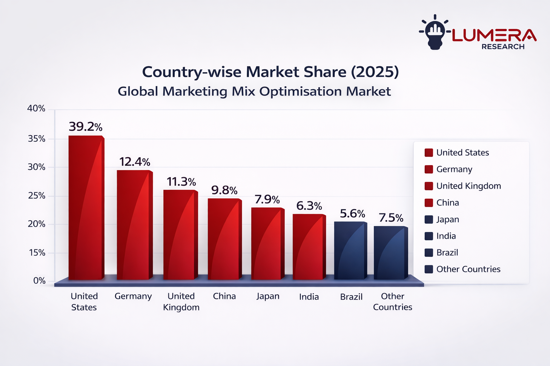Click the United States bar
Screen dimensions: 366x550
(x=85, y=207)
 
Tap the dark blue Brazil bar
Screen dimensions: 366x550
(x=349, y=250)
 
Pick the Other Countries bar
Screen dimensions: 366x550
(x=390, y=252)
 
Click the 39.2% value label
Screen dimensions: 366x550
(x=86, y=127)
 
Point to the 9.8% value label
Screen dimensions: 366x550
(x=224, y=190)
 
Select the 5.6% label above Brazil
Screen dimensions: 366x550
(x=352, y=214)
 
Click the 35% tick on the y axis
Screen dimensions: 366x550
(x=37, y=139)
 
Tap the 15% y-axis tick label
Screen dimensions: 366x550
(x=37, y=253)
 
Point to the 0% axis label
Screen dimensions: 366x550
(x=39, y=281)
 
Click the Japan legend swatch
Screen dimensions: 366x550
(x=429, y=219)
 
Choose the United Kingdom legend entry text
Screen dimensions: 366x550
(x=468, y=186)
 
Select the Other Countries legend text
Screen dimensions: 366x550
(x=468, y=269)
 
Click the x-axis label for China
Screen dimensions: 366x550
(x=225, y=296)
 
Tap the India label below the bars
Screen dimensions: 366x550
(x=309, y=297)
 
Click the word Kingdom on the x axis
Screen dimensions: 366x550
(x=181, y=307)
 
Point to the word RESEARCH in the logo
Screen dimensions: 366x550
(x=503, y=47)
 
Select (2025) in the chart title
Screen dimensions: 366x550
(x=375, y=72)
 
